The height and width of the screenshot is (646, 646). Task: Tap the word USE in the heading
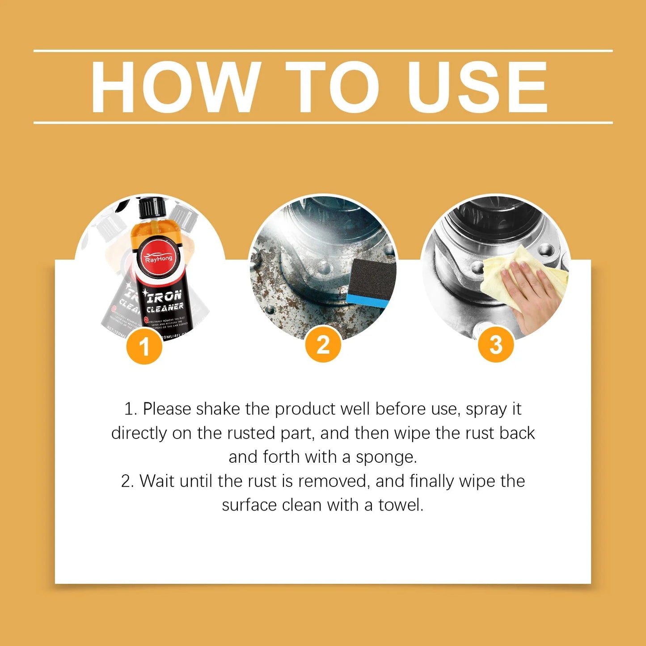(477, 87)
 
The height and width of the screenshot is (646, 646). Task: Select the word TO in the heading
(332, 87)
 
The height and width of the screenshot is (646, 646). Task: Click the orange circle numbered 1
(144, 346)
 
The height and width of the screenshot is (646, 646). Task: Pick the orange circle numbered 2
(323, 345)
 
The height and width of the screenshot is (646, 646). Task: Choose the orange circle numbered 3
(496, 345)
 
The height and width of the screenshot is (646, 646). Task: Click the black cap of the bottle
(152, 208)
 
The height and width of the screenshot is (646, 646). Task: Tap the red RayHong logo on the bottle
(158, 258)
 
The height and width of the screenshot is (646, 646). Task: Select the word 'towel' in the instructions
(401, 505)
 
